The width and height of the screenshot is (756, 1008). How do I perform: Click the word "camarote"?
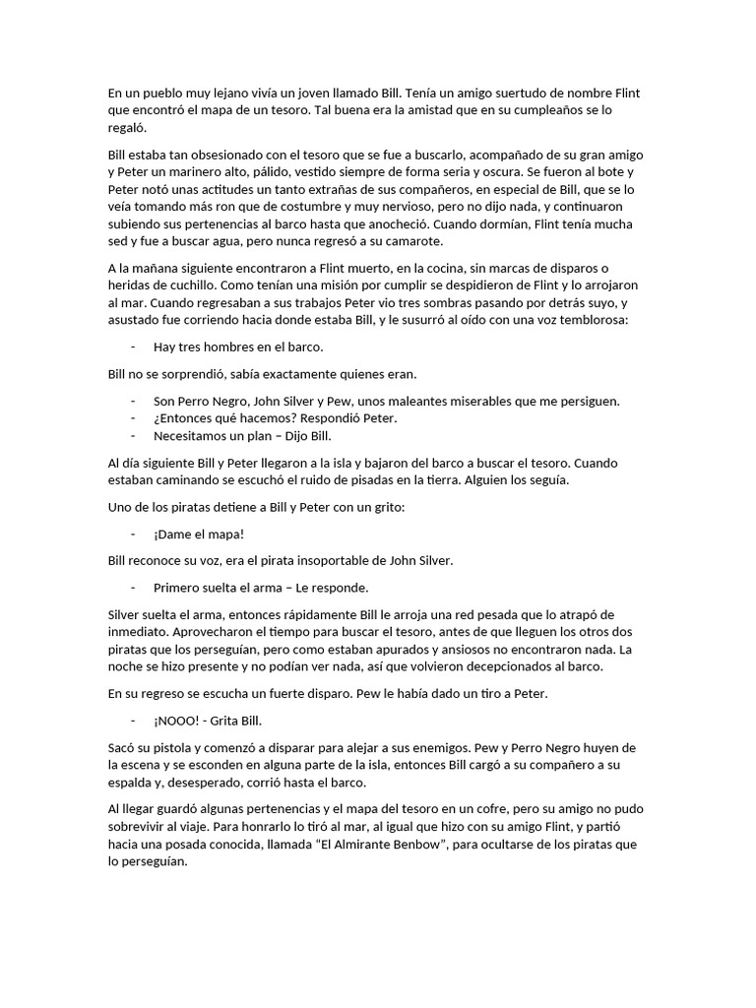[412, 242]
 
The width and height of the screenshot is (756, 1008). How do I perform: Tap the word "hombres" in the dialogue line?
[229, 346]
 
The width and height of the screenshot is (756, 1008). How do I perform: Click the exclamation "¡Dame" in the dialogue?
[171, 534]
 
